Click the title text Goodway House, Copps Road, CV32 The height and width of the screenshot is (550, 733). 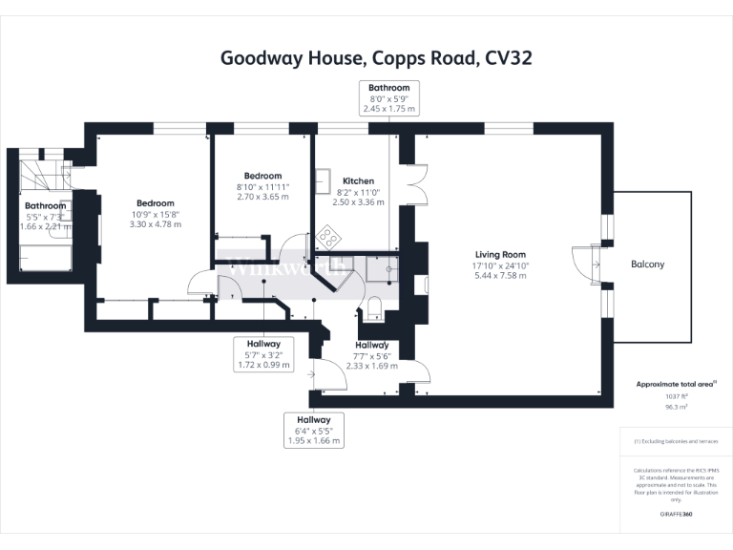(x=376, y=57)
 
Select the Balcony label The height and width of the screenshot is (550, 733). (x=647, y=264)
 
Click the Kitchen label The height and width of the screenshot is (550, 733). (x=358, y=180)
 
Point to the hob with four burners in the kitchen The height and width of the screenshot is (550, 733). (x=328, y=235)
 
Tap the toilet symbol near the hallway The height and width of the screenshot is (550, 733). (x=374, y=306)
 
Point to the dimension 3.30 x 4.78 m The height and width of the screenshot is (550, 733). (x=155, y=225)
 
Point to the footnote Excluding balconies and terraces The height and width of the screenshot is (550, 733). (x=678, y=441)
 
